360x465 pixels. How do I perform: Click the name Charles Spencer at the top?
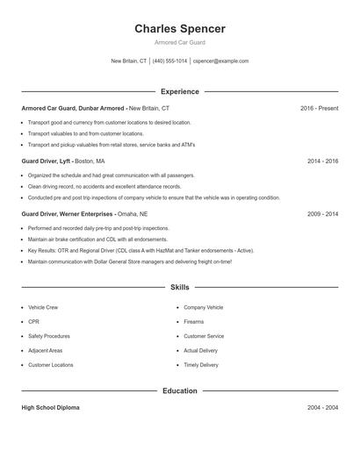[179, 29]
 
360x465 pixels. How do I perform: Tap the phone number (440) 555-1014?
[170, 61]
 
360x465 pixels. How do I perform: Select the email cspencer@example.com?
[220, 61]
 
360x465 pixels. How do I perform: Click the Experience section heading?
[179, 91]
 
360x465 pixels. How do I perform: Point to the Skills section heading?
[179, 287]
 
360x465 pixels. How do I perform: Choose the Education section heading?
[179, 390]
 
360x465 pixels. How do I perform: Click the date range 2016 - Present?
[319, 108]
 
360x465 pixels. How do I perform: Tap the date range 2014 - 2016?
[322, 161]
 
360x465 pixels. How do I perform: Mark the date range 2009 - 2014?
[322, 214]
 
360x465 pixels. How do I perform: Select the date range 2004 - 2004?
[322, 408]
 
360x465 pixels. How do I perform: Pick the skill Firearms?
[194, 322]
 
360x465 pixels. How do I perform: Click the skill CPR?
[33, 322]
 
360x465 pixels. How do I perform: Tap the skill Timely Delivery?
[201, 365]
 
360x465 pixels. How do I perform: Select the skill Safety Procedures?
[49, 336]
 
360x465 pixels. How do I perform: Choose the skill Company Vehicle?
[204, 308]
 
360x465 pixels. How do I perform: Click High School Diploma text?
[52, 408]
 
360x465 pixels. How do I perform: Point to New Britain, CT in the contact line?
[129, 61]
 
